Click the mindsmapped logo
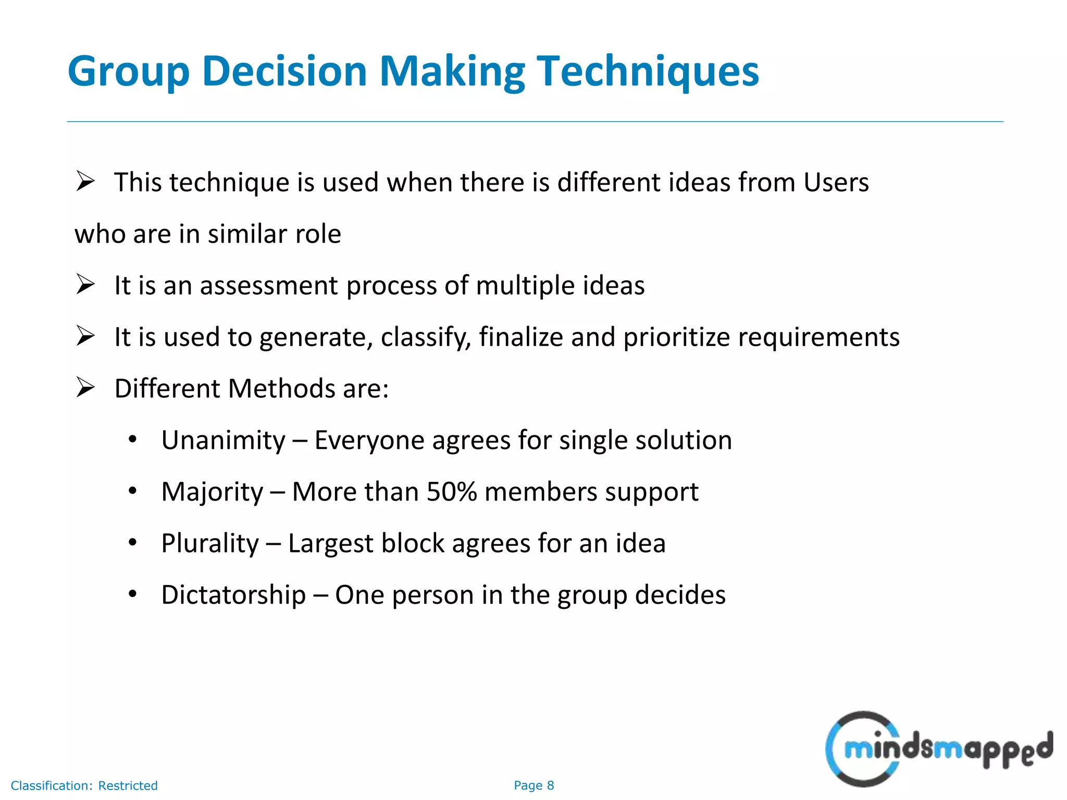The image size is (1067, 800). click(938, 749)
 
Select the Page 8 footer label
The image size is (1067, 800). click(533, 785)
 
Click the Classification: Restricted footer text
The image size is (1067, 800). click(84, 785)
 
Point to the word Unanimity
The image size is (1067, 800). click(223, 440)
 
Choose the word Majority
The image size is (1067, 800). click(212, 492)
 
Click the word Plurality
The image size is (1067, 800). click(209, 543)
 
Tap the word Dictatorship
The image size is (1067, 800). click(233, 595)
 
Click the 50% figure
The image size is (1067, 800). click(451, 492)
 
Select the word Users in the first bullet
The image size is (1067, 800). click(836, 182)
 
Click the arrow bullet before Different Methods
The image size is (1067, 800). click(85, 388)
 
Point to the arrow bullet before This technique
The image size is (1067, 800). click(85, 182)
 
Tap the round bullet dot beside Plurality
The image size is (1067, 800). click(133, 543)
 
